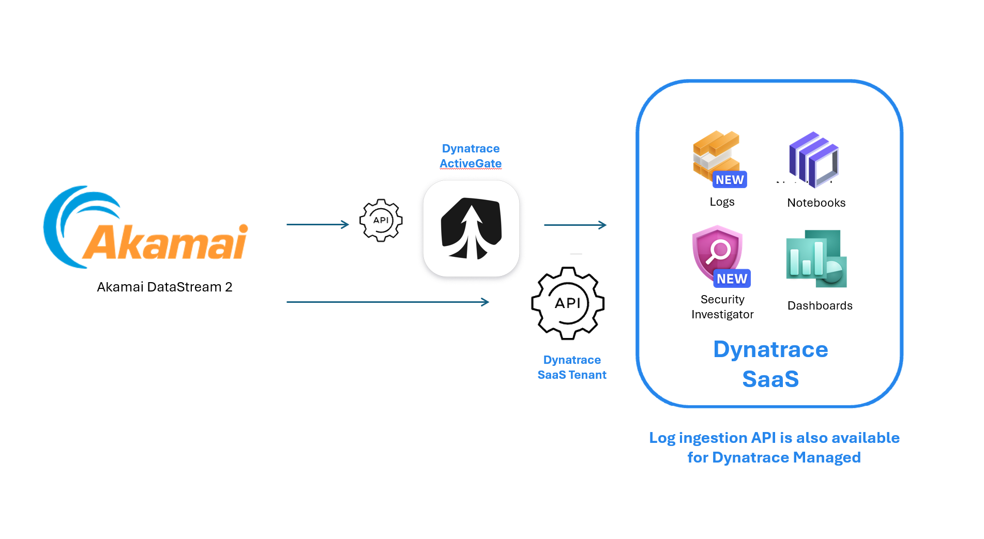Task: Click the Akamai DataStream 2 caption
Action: (x=164, y=287)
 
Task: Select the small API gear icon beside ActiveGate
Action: (x=381, y=220)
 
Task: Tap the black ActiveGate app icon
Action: (x=471, y=228)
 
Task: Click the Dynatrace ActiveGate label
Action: (x=471, y=156)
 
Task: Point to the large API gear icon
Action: (x=568, y=303)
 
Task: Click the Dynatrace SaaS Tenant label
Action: (x=572, y=367)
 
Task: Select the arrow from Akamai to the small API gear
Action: (x=317, y=224)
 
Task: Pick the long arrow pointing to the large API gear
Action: (x=387, y=302)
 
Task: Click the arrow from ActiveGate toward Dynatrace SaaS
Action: (x=575, y=225)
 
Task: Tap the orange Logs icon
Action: (x=716, y=155)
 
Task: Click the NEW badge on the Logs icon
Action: (x=730, y=180)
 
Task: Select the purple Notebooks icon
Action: (x=814, y=159)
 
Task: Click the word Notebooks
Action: (x=816, y=203)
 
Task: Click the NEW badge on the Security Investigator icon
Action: (x=732, y=279)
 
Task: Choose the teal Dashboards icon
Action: (x=816, y=259)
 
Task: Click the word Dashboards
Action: (x=820, y=305)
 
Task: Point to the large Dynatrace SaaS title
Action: (x=770, y=364)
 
